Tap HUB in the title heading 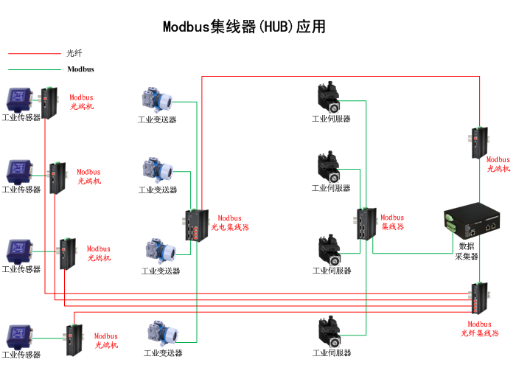274,27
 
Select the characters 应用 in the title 310,27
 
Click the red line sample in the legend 34,53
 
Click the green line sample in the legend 34,69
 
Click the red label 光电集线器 230,227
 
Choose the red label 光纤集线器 479,333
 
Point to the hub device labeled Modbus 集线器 366,224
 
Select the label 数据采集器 467,251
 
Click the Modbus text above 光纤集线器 479,324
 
